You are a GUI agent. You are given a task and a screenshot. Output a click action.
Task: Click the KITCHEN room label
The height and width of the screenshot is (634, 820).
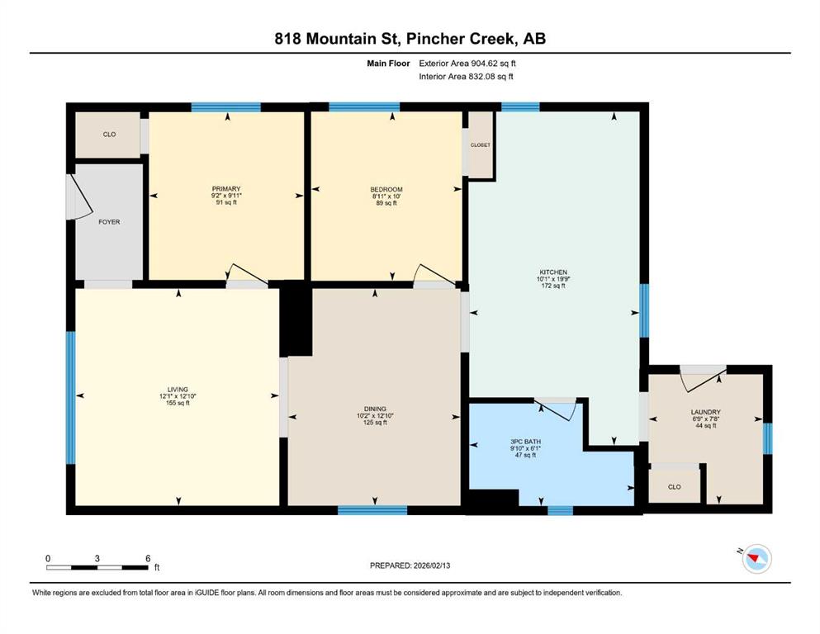553,272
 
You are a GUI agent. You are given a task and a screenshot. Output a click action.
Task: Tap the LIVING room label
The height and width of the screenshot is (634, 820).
178,390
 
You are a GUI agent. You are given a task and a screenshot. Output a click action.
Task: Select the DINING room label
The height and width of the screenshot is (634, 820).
375,409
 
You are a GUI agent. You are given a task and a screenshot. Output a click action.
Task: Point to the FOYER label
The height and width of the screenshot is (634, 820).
109,222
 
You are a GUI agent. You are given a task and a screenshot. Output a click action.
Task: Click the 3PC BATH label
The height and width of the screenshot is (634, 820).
525,442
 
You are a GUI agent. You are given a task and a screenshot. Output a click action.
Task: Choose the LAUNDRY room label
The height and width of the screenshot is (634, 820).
705,412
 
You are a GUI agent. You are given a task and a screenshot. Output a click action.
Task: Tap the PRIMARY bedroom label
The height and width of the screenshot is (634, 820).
226,189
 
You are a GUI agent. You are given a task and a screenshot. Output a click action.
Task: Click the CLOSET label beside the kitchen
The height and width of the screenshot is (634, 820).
481,144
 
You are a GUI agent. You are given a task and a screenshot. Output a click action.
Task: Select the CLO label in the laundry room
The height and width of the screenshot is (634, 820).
675,486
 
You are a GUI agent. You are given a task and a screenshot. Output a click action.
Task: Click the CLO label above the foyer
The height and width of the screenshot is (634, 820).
109,135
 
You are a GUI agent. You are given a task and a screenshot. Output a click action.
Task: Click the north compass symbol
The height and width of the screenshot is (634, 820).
756,558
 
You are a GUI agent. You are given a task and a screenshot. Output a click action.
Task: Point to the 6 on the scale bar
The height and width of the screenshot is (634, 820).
148,558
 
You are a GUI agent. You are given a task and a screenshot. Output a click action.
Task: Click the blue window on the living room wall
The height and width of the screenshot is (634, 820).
70,397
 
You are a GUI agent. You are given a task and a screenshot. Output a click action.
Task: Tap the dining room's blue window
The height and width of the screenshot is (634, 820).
372,510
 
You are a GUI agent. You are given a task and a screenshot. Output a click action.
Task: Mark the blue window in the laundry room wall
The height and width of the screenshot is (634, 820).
767,438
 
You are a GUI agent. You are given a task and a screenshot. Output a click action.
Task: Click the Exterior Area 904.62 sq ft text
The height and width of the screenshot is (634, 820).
467,64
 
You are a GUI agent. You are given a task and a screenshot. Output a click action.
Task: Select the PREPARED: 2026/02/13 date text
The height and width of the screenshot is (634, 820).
410,565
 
